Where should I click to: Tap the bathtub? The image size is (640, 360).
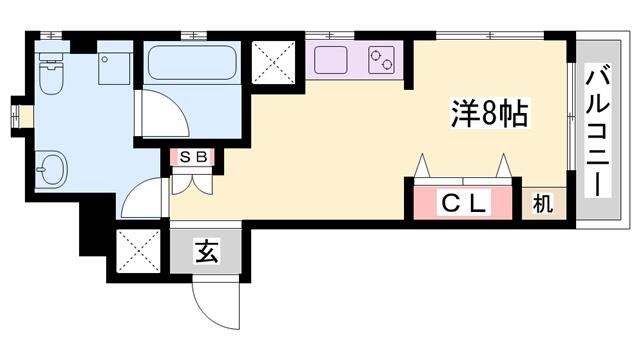[x=192, y=63]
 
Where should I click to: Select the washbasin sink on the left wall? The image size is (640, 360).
[x=51, y=169]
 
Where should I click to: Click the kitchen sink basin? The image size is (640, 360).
[x=331, y=60]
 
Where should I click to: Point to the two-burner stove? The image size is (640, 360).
[x=382, y=60]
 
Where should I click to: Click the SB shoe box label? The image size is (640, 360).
[x=193, y=157]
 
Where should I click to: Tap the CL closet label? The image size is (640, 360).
[x=463, y=203]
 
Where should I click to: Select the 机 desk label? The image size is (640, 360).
[x=543, y=203]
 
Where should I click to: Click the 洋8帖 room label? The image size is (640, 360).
[x=489, y=113]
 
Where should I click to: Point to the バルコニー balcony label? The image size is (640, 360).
[x=598, y=130]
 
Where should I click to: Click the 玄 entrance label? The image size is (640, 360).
[x=207, y=251]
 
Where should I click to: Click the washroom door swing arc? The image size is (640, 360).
[x=141, y=195]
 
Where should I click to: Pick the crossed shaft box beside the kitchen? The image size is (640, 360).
[x=273, y=61]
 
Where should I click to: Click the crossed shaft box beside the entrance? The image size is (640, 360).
[x=138, y=251]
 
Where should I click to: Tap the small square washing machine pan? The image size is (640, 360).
[x=115, y=62]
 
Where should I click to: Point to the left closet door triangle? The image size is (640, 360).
[x=422, y=166]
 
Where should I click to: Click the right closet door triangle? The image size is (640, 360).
[x=504, y=166]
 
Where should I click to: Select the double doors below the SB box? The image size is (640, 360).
[x=192, y=183]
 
